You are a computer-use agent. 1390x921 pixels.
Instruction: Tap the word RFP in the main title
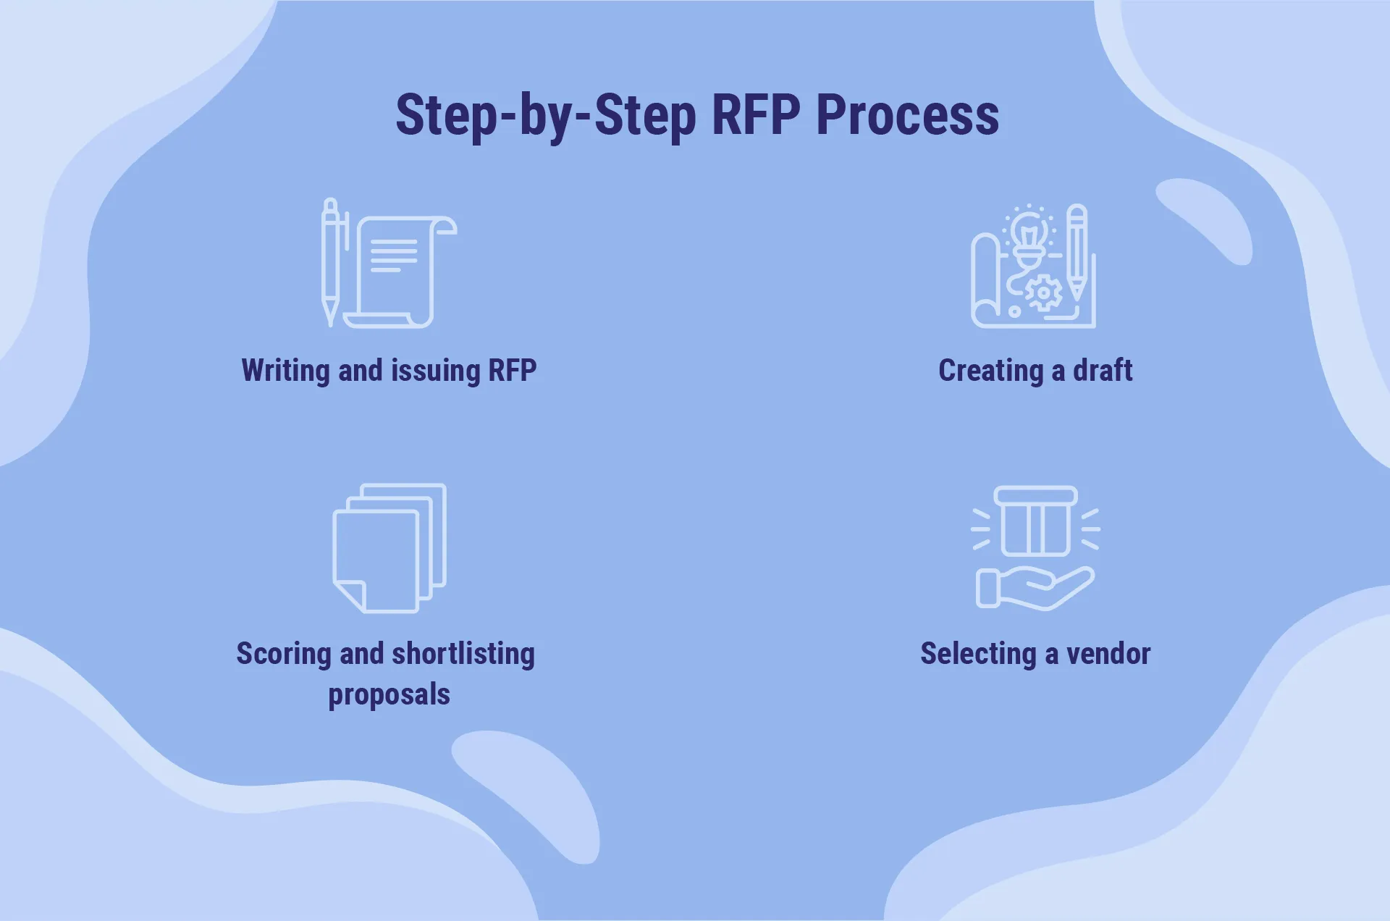[x=756, y=116]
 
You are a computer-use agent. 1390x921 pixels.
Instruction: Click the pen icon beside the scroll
[x=331, y=261]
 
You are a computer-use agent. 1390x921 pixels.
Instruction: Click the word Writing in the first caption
[x=285, y=371]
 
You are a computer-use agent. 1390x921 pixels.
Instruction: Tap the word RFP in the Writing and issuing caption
[x=513, y=371]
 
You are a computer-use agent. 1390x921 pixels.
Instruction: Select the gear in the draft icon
[x=1044, y=293]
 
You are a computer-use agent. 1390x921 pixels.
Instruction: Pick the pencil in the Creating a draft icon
[x=1077, y=253]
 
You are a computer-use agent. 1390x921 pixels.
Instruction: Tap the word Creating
[x=990, y=371]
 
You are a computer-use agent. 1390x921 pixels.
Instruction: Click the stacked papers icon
[x=389, y=548]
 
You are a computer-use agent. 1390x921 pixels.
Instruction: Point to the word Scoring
[x=284, y=654]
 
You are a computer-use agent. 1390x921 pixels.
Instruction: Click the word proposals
[x=389, y=694]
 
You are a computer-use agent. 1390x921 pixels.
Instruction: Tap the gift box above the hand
[x=1035, y=521]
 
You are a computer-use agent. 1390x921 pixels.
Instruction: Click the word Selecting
[x=978, y=654]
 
